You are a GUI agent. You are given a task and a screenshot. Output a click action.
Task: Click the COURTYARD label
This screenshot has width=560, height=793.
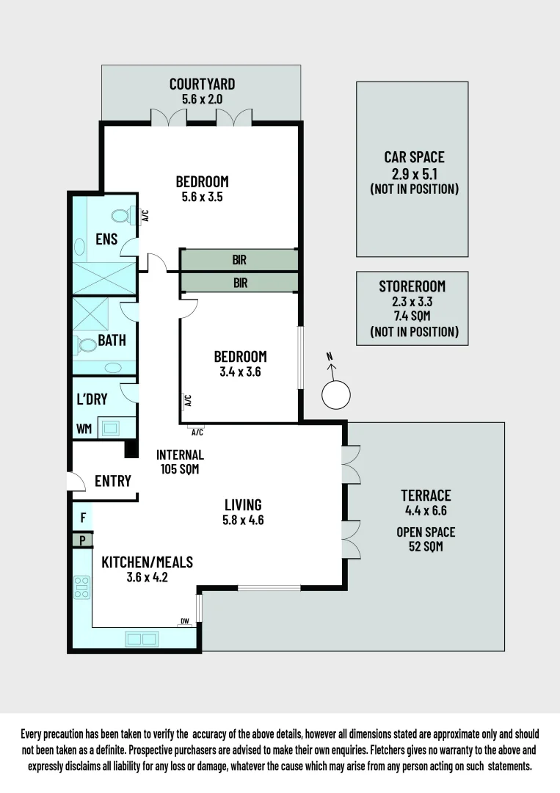202,83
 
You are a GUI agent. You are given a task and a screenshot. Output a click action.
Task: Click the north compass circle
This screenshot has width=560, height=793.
336,395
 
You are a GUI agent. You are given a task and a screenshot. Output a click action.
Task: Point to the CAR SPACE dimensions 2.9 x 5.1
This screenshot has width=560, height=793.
414,173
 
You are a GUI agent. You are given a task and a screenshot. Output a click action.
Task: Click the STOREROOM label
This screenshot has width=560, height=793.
413,286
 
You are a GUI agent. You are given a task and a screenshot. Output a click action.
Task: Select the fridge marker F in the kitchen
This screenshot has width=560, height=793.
83,518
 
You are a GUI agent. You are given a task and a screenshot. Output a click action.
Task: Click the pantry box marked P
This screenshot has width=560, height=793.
83,540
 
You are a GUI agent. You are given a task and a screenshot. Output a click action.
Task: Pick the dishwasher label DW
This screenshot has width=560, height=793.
185,622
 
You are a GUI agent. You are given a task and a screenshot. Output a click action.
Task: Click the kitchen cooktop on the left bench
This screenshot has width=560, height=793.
81,586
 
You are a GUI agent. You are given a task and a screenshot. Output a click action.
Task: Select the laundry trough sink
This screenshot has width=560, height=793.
112,427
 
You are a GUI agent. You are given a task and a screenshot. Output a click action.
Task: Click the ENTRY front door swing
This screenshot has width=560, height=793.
75,481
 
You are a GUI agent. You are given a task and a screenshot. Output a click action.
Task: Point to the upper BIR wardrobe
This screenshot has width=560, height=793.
240,259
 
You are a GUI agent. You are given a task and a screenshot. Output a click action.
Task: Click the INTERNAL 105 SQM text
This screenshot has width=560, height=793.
180,462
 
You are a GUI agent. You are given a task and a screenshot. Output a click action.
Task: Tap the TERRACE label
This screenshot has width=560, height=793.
426,495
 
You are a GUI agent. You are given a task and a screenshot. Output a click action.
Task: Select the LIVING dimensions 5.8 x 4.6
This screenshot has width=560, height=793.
243,520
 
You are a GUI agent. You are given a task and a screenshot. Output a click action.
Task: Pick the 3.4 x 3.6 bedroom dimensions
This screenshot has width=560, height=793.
240,372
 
